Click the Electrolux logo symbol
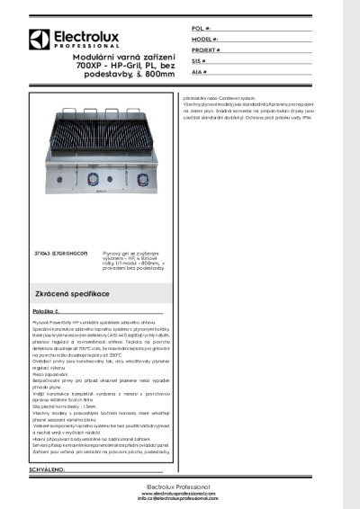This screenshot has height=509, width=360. [38, 39]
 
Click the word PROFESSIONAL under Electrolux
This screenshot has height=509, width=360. [80, 46]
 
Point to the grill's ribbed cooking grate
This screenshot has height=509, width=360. [104, 144]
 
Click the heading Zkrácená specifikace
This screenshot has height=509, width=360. [73, 294]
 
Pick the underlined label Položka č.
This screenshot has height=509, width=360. [46, 310]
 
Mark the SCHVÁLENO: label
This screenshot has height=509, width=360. [51, 470]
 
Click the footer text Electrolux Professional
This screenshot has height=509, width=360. [178, 487]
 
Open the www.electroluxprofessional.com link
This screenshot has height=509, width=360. [179, 493]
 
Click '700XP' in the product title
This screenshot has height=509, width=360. [90, 67]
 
